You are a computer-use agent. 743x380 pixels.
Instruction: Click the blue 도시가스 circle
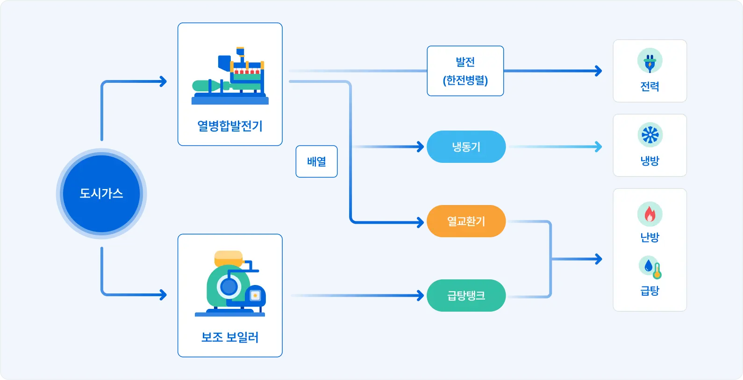coord(101,193)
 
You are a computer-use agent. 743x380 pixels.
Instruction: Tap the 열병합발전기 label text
coord(230,126)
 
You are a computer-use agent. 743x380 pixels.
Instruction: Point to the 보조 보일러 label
coord(230,337)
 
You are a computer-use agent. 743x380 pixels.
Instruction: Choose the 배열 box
coord(316,161)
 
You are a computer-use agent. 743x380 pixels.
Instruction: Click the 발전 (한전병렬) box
coord(465,71)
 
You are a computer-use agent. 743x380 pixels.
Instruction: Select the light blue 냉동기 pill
coord(466,147)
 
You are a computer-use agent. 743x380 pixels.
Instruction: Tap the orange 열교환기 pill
coord(466,221)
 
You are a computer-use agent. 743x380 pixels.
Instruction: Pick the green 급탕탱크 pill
coord(466,295)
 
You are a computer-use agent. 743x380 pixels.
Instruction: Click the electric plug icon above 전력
coord(650,61)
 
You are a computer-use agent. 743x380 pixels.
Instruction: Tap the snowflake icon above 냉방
coord(650,135)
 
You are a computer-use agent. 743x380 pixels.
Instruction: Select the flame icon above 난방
coord(650,214)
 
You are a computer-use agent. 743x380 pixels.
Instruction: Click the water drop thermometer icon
coord(650,267)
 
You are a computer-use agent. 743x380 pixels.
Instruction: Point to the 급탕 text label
coord(650,291)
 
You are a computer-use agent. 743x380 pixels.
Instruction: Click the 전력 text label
coord(650,87)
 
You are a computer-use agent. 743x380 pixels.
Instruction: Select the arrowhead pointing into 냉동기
coord(420,147)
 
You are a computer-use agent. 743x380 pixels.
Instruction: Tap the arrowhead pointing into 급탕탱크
coord(420,295)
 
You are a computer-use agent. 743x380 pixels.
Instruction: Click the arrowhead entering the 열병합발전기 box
coord(163,81)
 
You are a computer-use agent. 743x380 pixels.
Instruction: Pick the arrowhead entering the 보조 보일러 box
coord(163,295)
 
